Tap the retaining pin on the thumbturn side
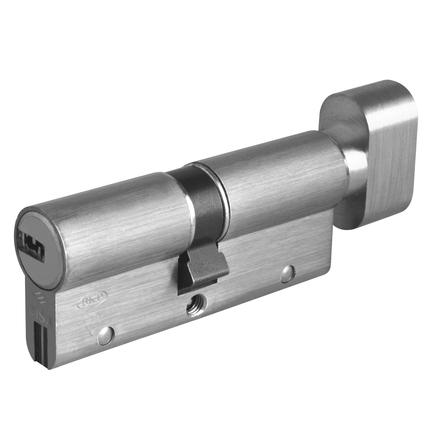[x=286, y=274]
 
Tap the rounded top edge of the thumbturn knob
[x=368, y=87]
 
